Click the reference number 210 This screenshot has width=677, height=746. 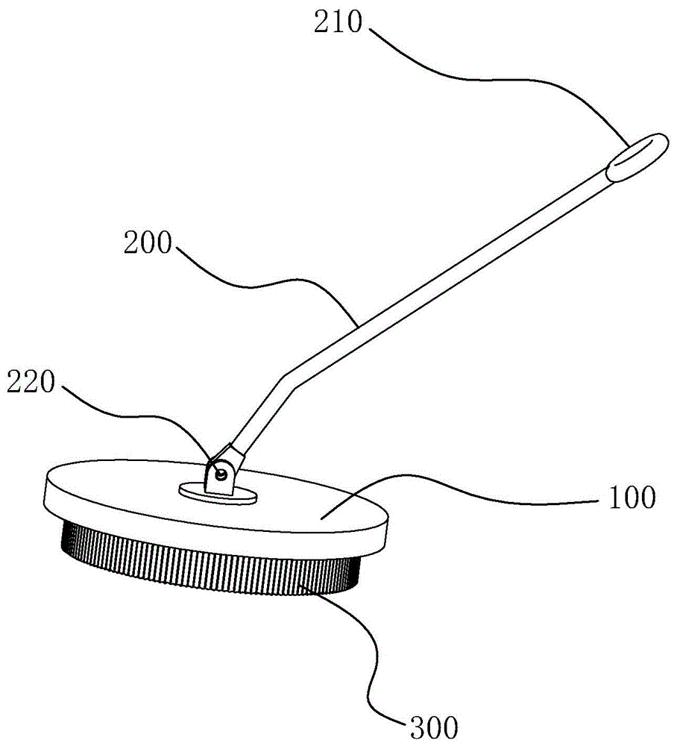337,25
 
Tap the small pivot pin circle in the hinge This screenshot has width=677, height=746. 221,471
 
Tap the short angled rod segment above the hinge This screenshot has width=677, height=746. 257,418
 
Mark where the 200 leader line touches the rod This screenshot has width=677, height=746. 356,322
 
